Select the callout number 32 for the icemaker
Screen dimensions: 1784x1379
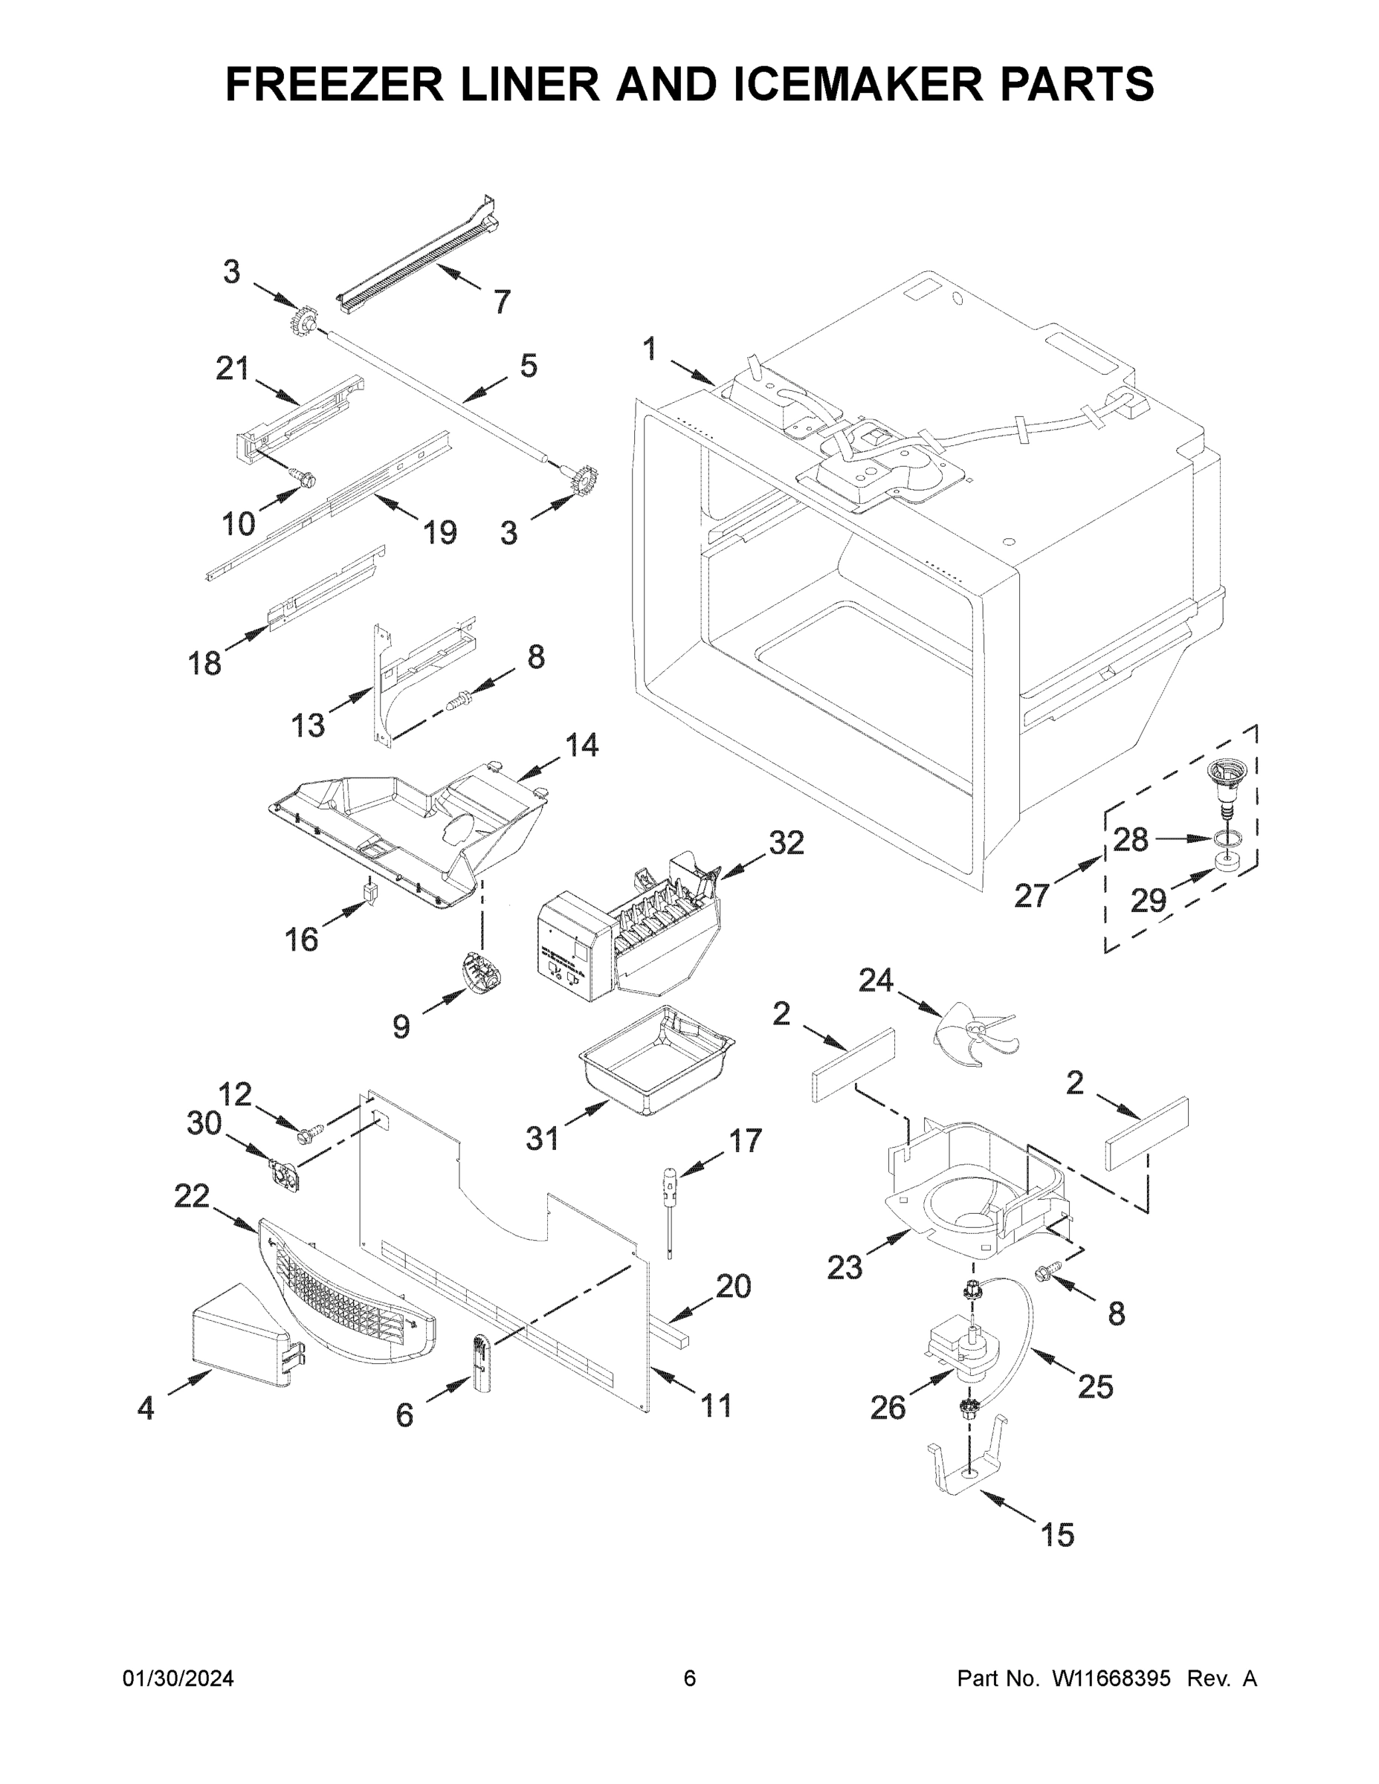pyautogui.click(x=787, y=842)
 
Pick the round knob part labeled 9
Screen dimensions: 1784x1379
pyautogui.click(x=480, y=969)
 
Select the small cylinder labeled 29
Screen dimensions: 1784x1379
pyautogui.click(x=1222, y=862)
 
